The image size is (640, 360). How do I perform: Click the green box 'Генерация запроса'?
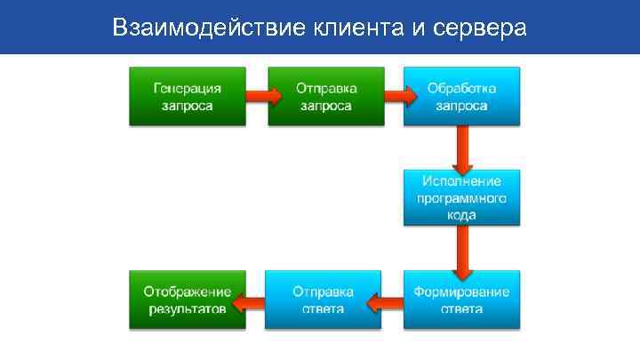coord(188,97)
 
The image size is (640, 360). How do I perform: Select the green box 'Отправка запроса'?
coord(324,97)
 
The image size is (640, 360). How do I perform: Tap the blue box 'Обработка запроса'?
coord(460,97)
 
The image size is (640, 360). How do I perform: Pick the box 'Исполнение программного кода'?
coord(460,197)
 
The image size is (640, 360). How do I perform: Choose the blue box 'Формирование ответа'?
coord(460,300)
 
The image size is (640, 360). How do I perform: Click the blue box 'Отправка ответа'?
coord(324,300)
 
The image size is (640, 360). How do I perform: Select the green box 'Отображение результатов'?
coord(188,300)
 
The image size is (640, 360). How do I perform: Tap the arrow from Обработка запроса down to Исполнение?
coord(461,149)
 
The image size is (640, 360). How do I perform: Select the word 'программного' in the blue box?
coord(461,198)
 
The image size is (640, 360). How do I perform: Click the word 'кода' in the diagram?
coord(461,215)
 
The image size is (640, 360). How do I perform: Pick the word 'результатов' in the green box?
coord(188,308)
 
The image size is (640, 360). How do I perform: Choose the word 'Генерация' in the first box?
coord(188,88)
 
